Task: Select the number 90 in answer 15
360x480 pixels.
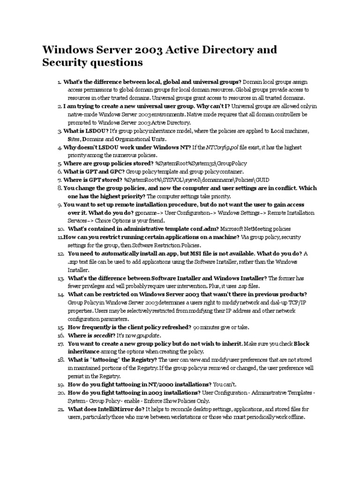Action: point(197,327)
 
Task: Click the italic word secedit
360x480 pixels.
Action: point(104,335)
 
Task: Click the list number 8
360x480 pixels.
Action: point(60,188)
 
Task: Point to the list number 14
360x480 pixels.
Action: point(60,294)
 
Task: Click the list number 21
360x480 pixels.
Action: point(60,409)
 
